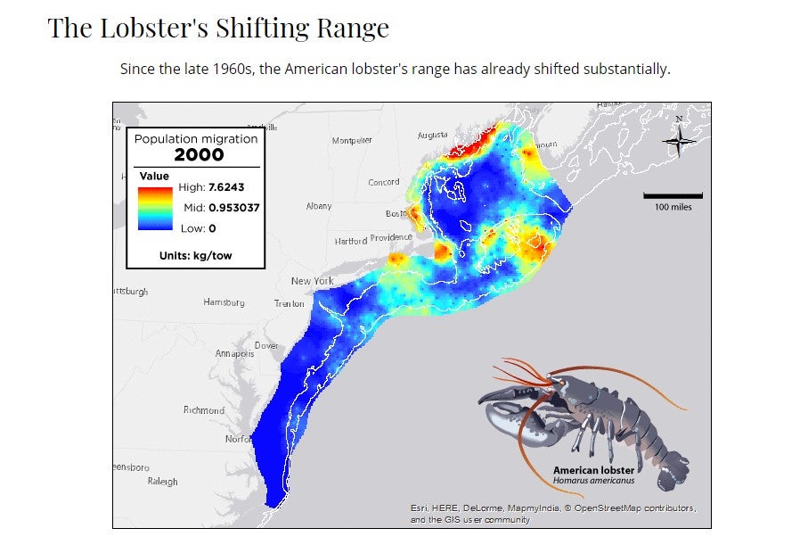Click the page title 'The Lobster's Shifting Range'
tap(218, 29)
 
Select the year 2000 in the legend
tap(198, 154)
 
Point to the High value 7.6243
tap(225, 187)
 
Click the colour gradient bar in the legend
tap(155, 208)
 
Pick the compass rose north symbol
tap(679, 138)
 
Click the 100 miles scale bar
tap(673, 194)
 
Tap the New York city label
tap(312, 281)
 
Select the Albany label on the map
tap(318, 206)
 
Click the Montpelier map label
tap(352, 141)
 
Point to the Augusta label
tap(432, 136)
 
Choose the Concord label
tap(384, 183)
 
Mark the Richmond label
tap(203, 410)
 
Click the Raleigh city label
tap(162, 482)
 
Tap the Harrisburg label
tap(224, 302)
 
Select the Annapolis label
tap(234, 353)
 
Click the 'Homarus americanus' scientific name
tap(593, 482)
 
